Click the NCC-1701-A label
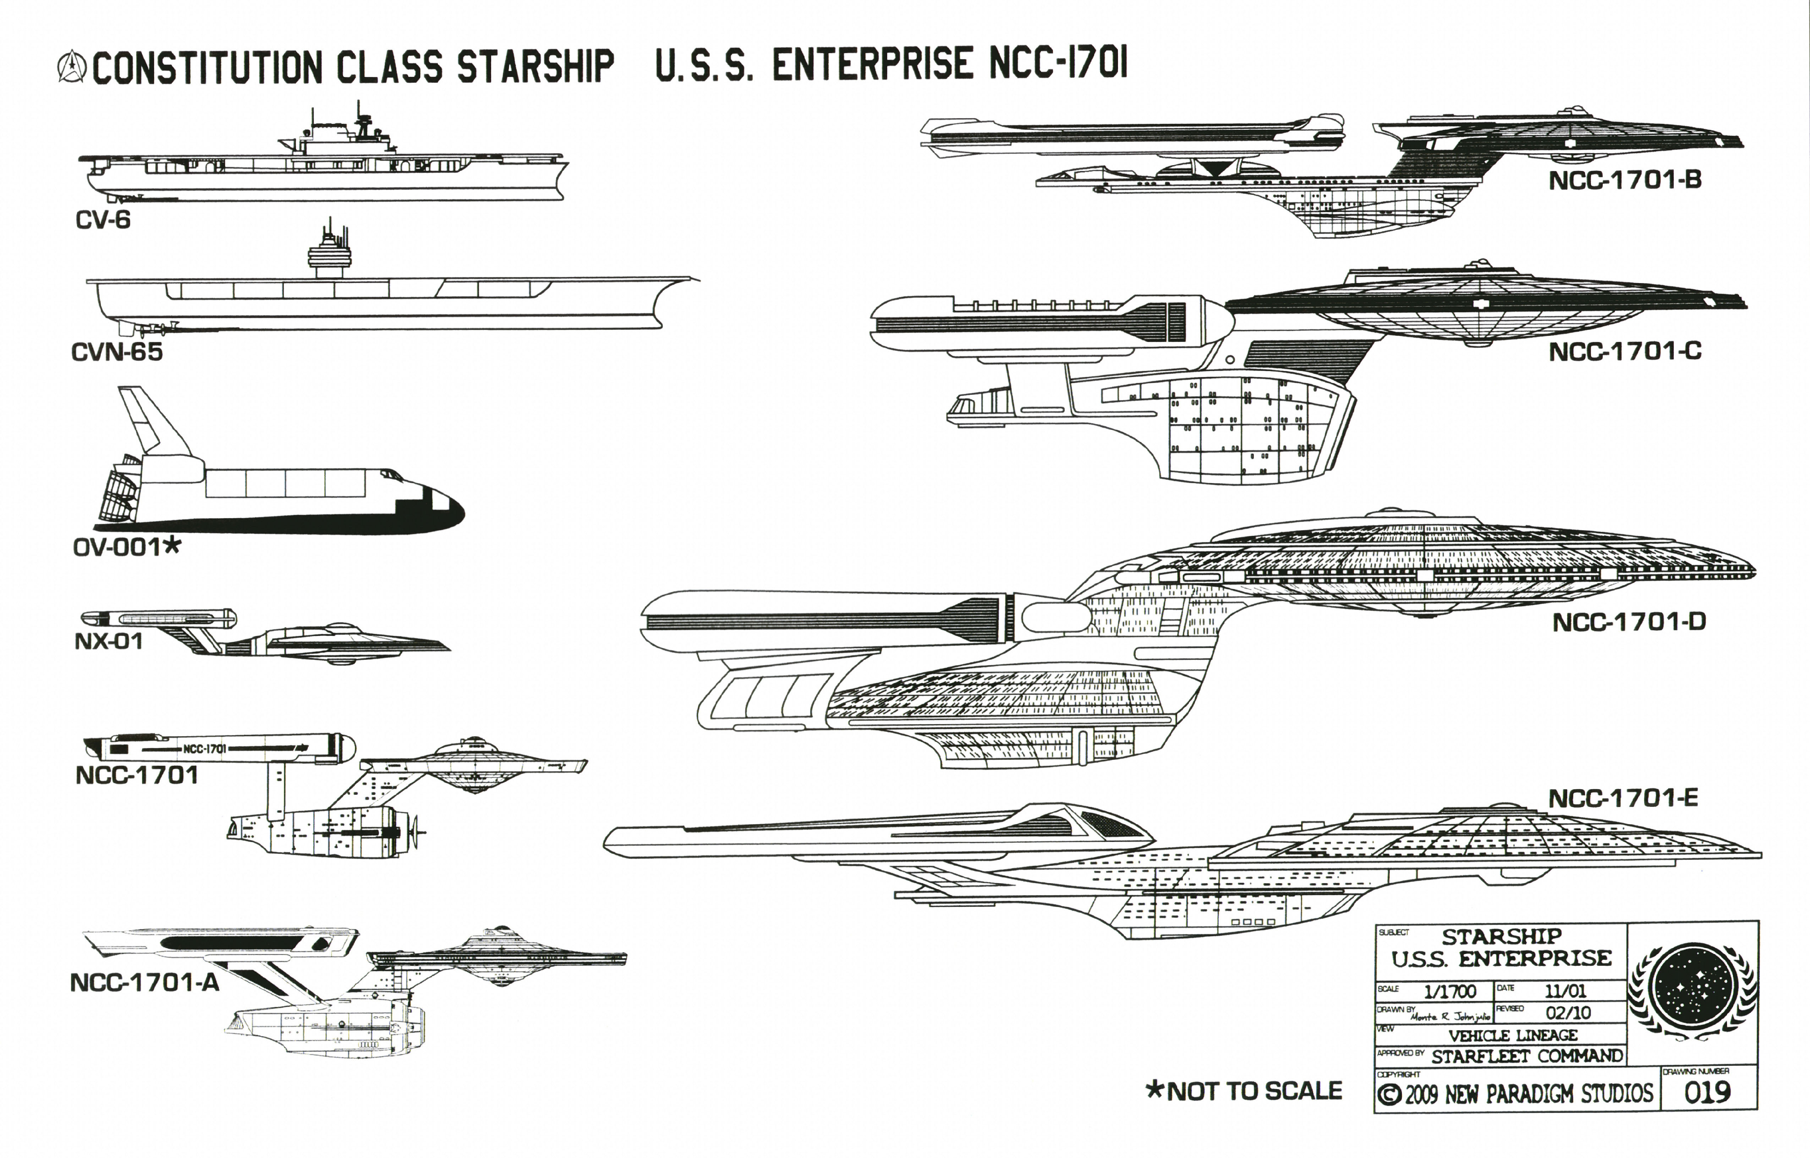click(144, 983)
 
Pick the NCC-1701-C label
click(1625, 351)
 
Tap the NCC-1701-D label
click(1629, 622)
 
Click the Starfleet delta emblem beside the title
click(71, 66)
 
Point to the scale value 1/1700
click(1450, 991)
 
